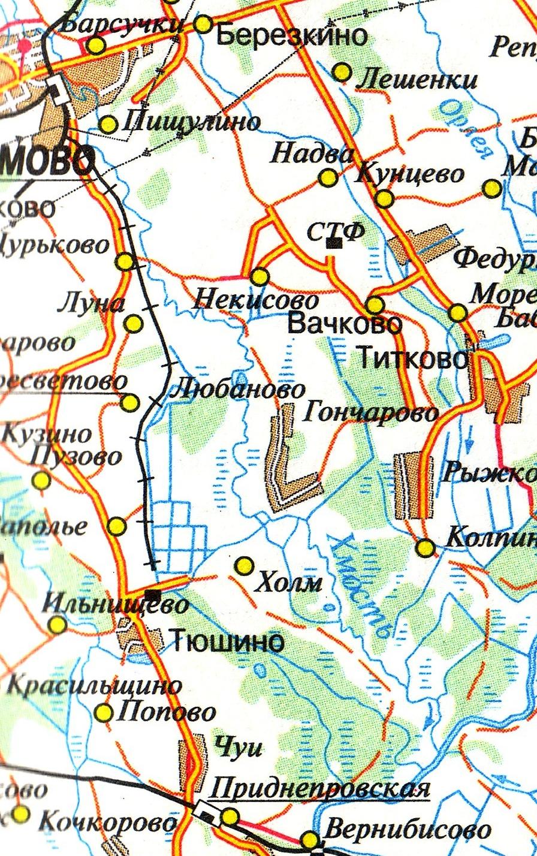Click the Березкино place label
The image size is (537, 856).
tap(291, 36)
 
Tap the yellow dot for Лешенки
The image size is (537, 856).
tap(342, 72)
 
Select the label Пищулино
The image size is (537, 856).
tap(191, 123)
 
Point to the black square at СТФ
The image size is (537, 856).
tap(334, 243)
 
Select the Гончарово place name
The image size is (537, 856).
tap(372, 412)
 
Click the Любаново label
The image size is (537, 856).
tap(237, 390)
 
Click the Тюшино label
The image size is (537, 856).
tap(227, 642)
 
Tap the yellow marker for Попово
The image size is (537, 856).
tap(104, 713)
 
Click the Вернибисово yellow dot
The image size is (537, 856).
tap(310, 838)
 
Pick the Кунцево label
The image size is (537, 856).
tap(410, 174)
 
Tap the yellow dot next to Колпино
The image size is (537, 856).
tap(425, 547)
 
